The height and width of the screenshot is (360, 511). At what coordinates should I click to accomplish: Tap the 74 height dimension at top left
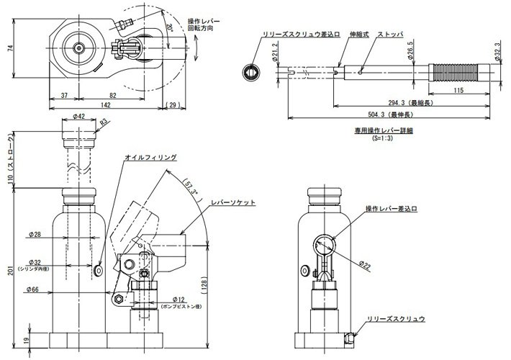pyautogui.click(x=8, y=48)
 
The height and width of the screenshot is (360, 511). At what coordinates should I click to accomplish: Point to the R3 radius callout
pyautogui.click(x=104, y=123)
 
